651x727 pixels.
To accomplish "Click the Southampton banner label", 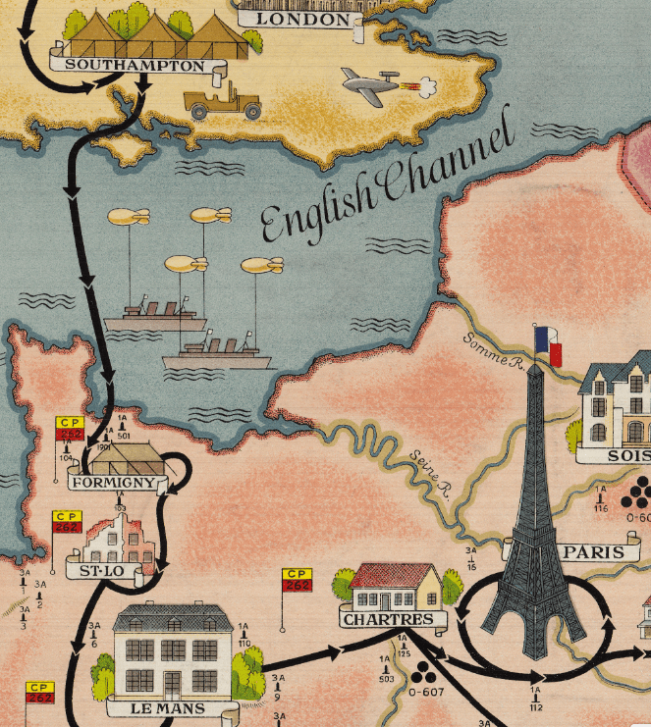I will pyautogui.click(x=136, y=67).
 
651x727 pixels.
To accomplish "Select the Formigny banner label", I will pyautogui.click(x=112, y=483).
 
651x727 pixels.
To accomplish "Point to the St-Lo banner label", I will pyautogui.click(x=98, y=566).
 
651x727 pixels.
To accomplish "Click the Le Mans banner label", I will pyautogui.click(x=168, y=707).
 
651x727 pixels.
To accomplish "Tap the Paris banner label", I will pyautogui.click(x=595, y=552).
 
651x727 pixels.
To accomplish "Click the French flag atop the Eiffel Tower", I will pyautogui.click(x=548, y=345).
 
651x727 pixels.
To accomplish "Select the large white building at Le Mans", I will pyautogui.click(x=173, y=649).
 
